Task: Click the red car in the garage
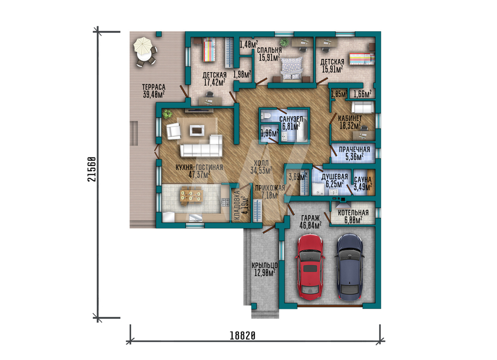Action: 310,267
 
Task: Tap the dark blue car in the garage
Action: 349,267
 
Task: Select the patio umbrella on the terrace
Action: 143,46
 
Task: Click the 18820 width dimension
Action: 243,335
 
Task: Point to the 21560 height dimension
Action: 91,169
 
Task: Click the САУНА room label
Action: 363,180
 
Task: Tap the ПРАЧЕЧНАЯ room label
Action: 354,149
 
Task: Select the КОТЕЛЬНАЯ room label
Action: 353,213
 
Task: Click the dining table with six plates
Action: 191,195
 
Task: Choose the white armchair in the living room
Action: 173,131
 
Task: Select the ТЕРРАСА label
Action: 154,87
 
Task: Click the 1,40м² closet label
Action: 248,44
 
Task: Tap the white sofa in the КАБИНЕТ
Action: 363,107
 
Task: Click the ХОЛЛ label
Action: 261,163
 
